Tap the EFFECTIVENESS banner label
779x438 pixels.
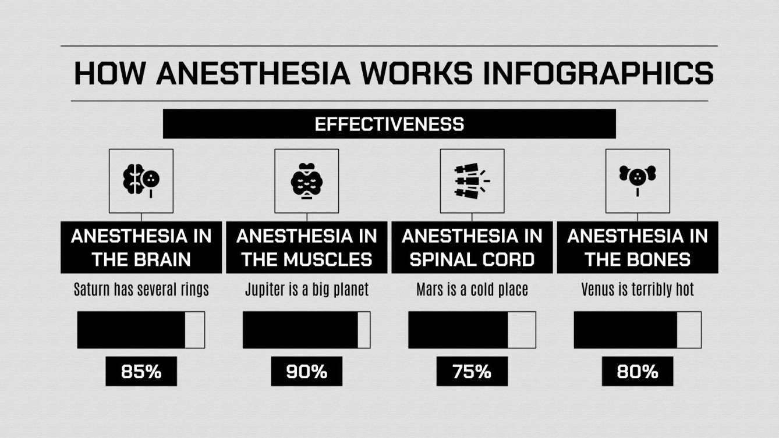coord(389,124)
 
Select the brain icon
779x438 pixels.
coord(141,180)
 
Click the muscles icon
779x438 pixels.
coord(306,180)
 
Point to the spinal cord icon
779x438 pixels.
coord(472,180)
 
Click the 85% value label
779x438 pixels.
coord(141,371)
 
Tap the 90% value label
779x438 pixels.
coord(306,371)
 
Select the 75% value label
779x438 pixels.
coord(472,371)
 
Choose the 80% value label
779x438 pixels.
coord(637,371)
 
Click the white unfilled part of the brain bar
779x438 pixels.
coord(194,330)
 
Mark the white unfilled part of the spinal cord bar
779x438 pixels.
coord(521,330)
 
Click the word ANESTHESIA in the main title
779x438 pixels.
coord(253,74)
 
